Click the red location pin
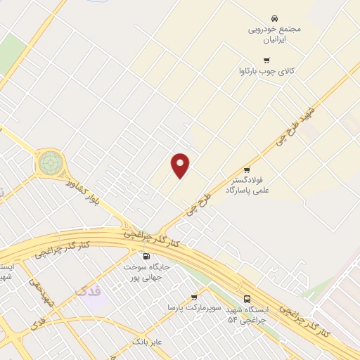tap(181, 165)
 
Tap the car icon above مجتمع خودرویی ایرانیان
tap(274, 18)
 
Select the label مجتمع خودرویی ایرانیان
tap(274, 34)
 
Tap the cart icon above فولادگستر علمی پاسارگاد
tap(247, 169)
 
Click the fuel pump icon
tap(146, 257)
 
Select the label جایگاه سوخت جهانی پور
tap(146, 272)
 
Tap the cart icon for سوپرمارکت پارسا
tap(195, 297)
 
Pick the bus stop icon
tap(246, 298)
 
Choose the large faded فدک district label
tap(90, 290)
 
